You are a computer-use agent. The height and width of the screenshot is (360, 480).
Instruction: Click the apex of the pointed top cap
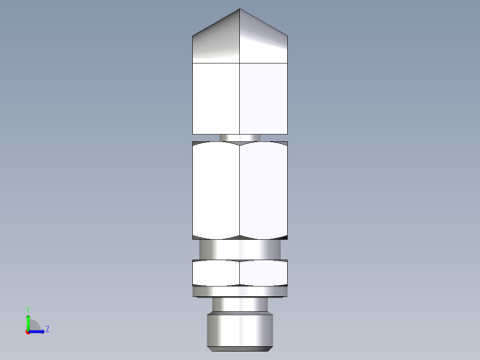pyautogui.click(x=240, y=9)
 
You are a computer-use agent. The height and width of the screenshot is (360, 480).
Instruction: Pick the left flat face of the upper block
pyautogui.click(x=216, y=97)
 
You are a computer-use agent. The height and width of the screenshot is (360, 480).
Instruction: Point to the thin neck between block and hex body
pyautogui.click(x=240, y=138)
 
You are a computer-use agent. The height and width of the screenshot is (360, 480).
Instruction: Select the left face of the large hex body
pyautogui.click(x=216, y=189)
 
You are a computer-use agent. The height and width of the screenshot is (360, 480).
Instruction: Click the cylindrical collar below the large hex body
pyautogui.click(x=240, y=249)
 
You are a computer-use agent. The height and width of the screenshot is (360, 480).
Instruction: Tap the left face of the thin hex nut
pyautogui.click(x=216, y=272)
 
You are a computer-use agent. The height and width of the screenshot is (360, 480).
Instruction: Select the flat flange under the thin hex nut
pyautogui.click(x=240, y=291)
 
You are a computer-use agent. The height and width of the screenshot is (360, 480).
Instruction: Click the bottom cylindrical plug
pyautogui.click(x=240, y=330)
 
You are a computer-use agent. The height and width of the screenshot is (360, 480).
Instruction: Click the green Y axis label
pyautogui.click(x=29, y=311)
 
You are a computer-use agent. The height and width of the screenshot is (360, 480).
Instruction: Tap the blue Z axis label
pyautogui.click(x=47, y=328)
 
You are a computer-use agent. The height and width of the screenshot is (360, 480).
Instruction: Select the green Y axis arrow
pyautogui.click(x=29, y=320)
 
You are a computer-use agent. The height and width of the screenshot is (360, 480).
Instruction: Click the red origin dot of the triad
pyautogui.click(x=28, y=330)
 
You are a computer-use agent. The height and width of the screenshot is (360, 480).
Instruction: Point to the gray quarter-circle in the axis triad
pyautogui.click(x=33, y=325)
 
